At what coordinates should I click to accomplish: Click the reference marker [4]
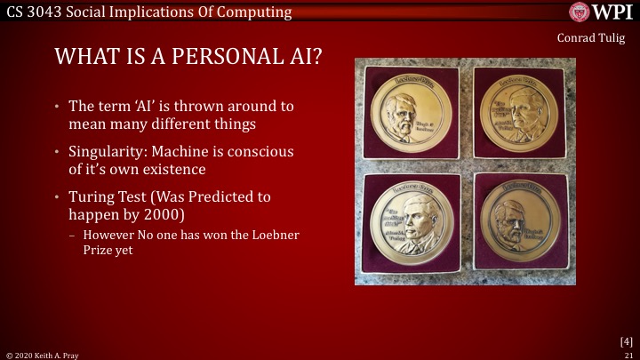[x=626, y=340]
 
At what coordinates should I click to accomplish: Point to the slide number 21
[x=628, y=354]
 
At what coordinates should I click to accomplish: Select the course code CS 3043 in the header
[x=33, y=12]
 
